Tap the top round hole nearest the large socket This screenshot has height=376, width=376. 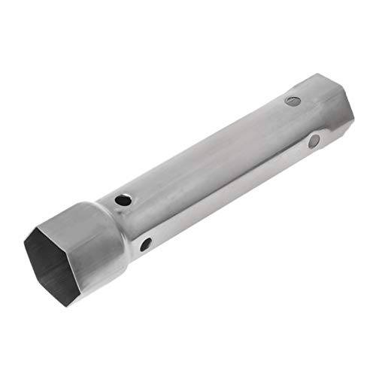pos(121,201)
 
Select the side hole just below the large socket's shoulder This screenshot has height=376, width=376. pos(146,244)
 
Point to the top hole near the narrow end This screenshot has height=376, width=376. pos(293,101)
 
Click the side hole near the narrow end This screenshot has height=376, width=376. pos(314,141)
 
